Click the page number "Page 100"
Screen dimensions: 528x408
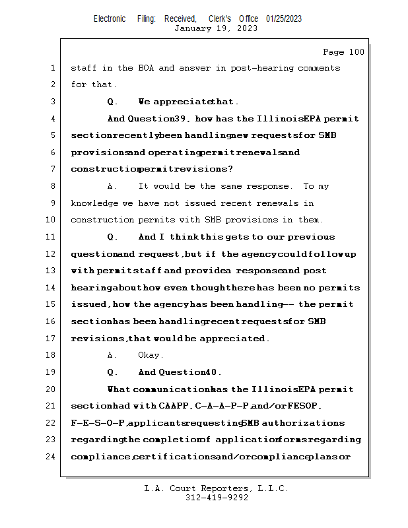[343, 52]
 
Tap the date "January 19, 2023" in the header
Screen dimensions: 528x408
[207, 28]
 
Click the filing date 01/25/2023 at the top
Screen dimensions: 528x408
[284, 18]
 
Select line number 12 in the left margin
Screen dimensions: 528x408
[53, 254]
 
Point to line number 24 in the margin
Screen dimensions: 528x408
[53, 456]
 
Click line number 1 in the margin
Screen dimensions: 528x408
[53, 68]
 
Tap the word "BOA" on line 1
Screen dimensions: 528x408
[146, 68]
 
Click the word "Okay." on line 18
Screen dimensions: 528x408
[151, 355]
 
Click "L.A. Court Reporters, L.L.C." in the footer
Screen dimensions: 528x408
[217, 488]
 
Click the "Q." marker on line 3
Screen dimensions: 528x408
[112, 102]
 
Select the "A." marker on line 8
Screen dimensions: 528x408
[112, 187]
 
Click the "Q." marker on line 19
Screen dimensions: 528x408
[112, 372]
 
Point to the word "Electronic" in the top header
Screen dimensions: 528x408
[110, 18]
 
